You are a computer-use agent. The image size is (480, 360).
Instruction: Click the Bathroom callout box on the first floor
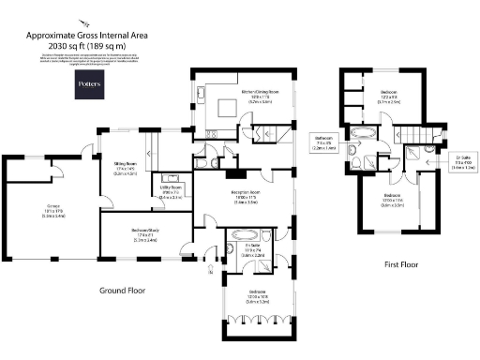coord(324,142)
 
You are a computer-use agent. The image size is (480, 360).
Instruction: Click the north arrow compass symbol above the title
coord(86,18)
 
